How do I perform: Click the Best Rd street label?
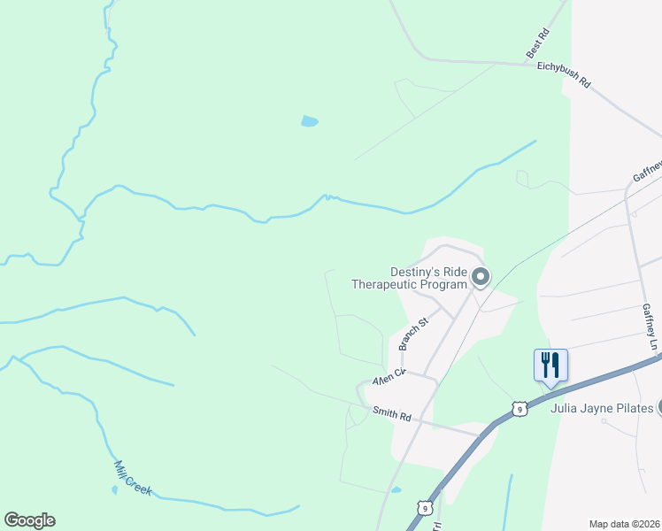pos(538,44)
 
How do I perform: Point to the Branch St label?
pos(412,334)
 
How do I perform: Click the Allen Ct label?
pos(388,377)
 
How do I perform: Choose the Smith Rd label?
pos(392,413)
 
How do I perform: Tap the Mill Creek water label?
pos(133,478)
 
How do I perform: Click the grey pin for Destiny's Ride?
pos(481,278)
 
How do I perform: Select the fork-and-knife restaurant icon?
pos(550,364)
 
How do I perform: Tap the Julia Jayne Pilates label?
pos(602,408)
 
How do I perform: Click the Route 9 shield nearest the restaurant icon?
pos(519,408)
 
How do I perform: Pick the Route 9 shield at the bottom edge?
pos(426,508)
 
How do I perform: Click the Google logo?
pos(29,520)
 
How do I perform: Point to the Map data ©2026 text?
pos(624,524)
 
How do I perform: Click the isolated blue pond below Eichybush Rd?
pos(309,121)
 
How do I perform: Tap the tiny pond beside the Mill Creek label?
pos(114,489)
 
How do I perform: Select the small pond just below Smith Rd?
pos(396,489)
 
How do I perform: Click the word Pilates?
pos(634,408)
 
